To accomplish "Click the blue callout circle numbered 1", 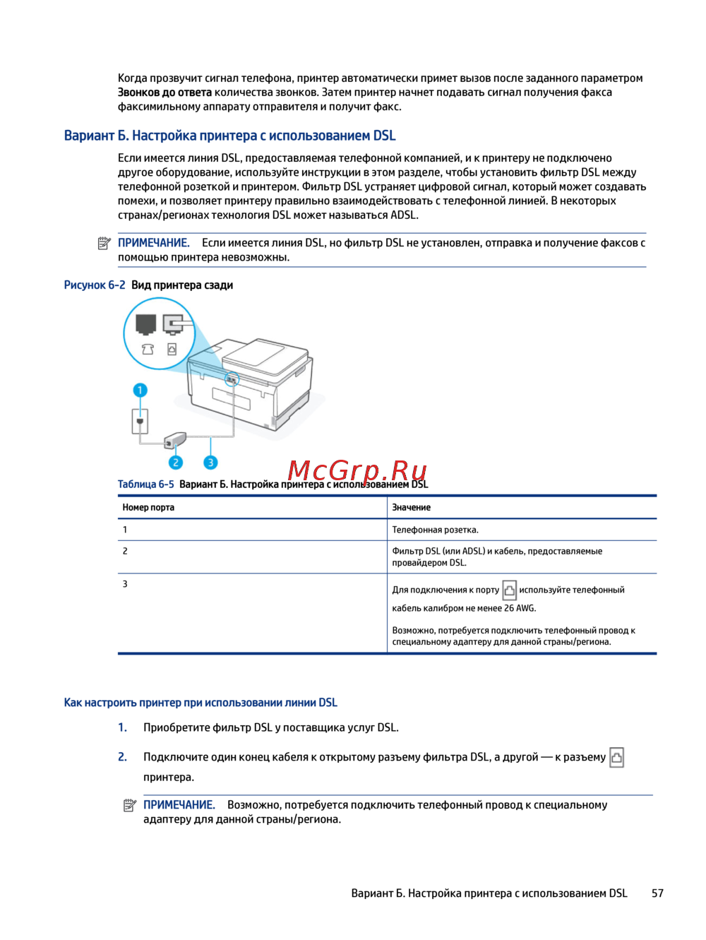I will click(x=140, y=390).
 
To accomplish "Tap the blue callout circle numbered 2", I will click(x=175, y=463).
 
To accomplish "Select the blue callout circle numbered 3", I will click(x=210, y=463).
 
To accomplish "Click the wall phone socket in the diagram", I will click(x=140, y=422).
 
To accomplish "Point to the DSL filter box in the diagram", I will click(x=174, y=441).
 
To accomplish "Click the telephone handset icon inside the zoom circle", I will click(x=148, y=349).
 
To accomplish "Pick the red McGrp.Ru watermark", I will click(x=357, y=470).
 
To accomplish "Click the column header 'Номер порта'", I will click(x=148, y=507).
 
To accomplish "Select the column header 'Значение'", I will click(x=412, y=507).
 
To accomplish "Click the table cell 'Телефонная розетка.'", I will click(x=435, y=530).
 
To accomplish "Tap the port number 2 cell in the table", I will click(x=125, y=551).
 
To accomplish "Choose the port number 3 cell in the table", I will click(x=125, y=584).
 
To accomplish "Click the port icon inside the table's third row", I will click(x=509, y=590).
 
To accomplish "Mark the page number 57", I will click(x=657, y=893).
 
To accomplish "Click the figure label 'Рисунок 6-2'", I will click(x=95, y=285).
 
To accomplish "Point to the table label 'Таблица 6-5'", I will click(x=145, y=484).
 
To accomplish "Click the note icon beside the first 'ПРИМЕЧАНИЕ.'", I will click(x=104, y=244).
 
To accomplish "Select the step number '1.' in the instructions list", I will click(x=122, y=727).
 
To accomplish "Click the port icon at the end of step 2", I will click(x=616, y=757).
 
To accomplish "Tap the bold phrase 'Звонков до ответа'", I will click(x=164, y=93).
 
